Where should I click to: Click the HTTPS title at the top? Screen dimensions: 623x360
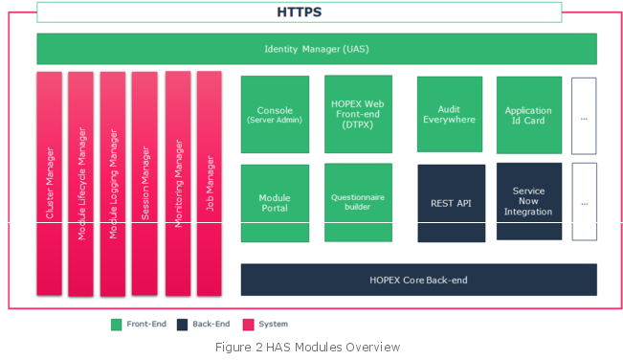(300, 12)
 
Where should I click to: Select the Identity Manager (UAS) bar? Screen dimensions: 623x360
(317, 49)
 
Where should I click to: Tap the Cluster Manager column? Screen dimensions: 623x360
(49, 184)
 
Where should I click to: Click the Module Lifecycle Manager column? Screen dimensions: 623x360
(80, 184)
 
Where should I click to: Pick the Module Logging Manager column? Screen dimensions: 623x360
(113, 184)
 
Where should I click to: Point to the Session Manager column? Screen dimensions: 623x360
(145, 184)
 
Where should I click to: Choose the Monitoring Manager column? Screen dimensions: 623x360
(178, 184)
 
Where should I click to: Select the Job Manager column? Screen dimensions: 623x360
(209, 184)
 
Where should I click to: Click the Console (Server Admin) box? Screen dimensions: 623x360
(275, 115)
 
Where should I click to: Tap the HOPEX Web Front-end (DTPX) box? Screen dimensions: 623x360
(358, 114)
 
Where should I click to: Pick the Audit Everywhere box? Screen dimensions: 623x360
(450, 115)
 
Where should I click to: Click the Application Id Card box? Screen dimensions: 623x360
(529, 115)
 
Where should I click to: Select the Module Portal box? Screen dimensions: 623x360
(275, 203)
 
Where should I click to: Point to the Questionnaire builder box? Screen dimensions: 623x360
(358, 202)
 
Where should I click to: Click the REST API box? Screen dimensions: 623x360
(452, 203)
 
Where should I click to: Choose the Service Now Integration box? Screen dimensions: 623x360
(529, 201)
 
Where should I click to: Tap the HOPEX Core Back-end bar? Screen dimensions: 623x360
(419, 280)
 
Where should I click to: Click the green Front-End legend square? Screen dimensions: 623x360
(117, 325)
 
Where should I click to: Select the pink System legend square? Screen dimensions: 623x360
(248, 325)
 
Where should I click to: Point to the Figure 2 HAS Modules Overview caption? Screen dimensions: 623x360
(307, 348)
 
